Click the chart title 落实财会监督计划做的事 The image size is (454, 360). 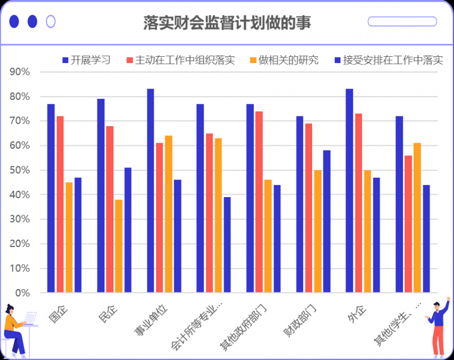(x=227, y=23)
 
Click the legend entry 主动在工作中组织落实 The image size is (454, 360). (x=180, y=60)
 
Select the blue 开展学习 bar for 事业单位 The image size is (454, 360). (x=150, y=191)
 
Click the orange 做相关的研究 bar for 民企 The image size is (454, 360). (x=119, y=246)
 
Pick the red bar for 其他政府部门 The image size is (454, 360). (x=259, y=202)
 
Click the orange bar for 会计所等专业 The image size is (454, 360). (x=218, y=215)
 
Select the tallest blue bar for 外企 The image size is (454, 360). (x=349, y=191)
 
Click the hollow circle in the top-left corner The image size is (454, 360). (x=51, y=22)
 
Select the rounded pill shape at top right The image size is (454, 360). (x=402, y=22)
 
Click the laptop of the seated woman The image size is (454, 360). (x=30, y=319)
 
